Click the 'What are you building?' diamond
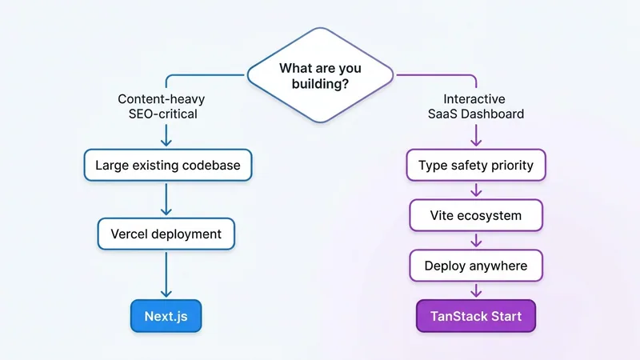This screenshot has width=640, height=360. (320, 76)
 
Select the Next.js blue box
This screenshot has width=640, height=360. (166, 316)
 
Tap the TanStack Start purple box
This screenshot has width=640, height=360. (476, 316)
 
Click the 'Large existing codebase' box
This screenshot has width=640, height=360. (167, 166)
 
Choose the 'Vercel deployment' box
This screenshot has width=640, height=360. (166, 234)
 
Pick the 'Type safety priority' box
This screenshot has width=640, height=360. (476, 166)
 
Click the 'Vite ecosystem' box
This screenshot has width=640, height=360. (476, 216)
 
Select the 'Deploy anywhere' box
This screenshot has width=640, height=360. (476, 266)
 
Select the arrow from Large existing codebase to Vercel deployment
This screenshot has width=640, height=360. (166, 199)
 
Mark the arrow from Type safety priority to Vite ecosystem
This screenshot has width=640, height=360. (476, 190)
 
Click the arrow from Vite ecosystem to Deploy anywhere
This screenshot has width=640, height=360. (476, 241)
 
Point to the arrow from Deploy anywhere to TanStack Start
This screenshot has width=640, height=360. (476, 290)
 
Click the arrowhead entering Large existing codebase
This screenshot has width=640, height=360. (166, 142)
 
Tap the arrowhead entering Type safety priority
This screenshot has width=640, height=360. (476, 142)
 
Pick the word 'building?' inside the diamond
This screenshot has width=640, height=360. (320, 84)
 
